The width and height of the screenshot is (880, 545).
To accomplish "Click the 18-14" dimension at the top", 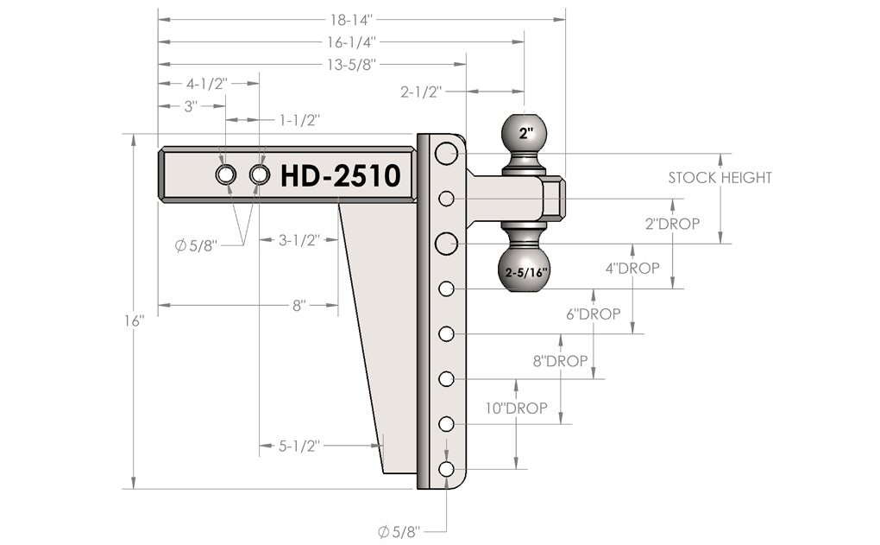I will point(355,18).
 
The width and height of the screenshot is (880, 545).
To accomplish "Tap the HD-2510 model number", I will point(340,175).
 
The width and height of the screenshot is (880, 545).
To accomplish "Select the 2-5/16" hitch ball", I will point(525,270).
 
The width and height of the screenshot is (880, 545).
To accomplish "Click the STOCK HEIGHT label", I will point(720,178).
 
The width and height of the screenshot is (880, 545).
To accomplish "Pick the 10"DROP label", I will point(516,408).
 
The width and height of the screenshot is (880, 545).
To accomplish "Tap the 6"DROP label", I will point(593,314).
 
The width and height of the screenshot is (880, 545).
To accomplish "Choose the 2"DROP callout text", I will point(673,223).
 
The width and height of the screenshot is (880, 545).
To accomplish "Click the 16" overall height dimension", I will point(134,320).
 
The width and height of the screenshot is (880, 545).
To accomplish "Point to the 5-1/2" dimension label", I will point(299,446).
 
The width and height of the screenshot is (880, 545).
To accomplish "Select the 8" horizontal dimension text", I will point(299,305).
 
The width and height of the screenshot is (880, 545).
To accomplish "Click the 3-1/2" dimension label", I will point(299,240).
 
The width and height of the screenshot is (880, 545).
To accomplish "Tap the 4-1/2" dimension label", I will point(207,84).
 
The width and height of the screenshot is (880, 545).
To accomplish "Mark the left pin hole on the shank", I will point(225,175).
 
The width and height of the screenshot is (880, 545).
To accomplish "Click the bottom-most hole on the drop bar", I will point(446,469).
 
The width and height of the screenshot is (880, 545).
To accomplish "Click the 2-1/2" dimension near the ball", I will point(421,92).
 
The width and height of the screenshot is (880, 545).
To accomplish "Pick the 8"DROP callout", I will point(560,361).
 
